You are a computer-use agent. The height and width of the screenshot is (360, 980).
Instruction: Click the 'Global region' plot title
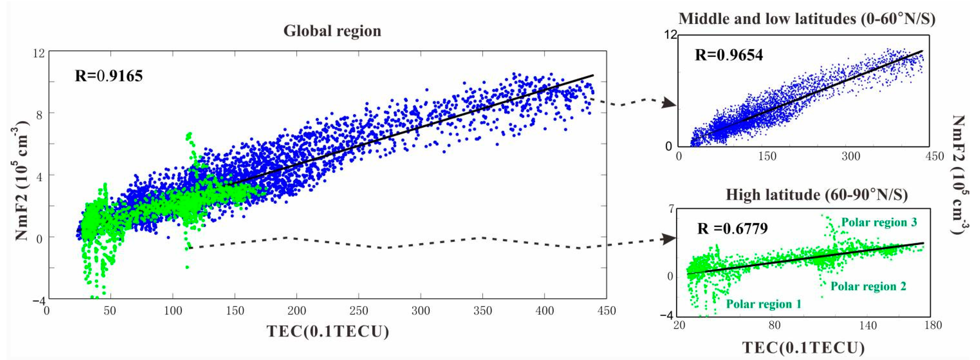332,31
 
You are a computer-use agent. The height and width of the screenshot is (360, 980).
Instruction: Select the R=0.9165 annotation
109,76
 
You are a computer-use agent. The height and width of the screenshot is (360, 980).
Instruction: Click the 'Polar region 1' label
764,304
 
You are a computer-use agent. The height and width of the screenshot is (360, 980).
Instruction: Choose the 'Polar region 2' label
868,286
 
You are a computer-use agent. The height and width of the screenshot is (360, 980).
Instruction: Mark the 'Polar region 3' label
879,222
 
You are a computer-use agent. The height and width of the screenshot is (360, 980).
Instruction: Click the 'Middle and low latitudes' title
807,19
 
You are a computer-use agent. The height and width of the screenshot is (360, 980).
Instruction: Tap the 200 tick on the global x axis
297,311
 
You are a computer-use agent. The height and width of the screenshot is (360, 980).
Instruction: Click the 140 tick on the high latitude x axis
868,325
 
